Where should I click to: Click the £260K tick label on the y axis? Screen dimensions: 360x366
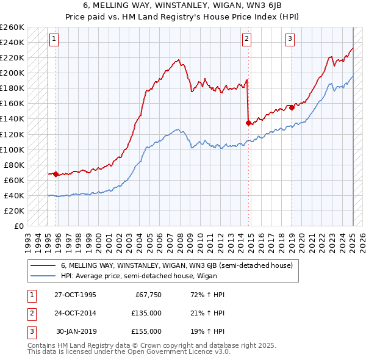click(x=12, y=27)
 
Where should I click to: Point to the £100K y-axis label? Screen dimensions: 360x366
click(x=12, y=149)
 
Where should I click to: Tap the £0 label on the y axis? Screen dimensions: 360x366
click(x=18, y=226)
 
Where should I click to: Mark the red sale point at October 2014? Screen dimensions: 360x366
click(x=248, y=123)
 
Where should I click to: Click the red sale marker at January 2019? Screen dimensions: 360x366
click(x=292, y=107)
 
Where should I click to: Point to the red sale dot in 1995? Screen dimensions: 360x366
click(x=56, y=174)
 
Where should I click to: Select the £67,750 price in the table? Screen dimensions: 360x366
click(x=148, y=295)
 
